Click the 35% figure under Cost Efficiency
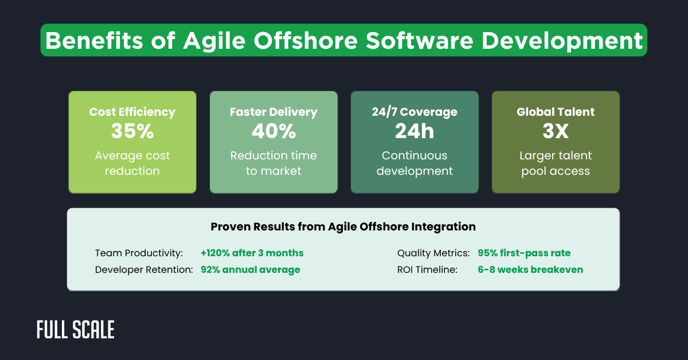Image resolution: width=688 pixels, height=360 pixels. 132,131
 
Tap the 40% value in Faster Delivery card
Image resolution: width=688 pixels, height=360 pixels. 273,131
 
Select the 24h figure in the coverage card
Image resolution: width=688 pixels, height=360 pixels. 415,131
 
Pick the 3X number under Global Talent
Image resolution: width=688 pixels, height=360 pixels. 556,131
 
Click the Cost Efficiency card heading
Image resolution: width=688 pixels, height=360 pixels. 132,112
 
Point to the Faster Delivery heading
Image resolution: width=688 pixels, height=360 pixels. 273,112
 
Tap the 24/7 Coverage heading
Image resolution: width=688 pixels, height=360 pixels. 415,112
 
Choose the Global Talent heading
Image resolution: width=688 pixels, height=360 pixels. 556,112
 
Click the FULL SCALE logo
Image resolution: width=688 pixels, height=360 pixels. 76,330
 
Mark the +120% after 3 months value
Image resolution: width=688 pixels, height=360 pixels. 252,253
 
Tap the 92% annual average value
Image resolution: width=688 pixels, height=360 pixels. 250,269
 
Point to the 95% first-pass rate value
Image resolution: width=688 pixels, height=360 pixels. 524,253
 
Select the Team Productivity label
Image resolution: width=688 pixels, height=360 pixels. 139,253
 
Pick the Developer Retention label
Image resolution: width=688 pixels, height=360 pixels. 144,269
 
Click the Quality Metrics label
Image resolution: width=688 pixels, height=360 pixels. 433,253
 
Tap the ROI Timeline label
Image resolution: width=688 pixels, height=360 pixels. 427,269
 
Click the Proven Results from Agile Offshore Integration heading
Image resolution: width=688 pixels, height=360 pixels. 343,226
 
